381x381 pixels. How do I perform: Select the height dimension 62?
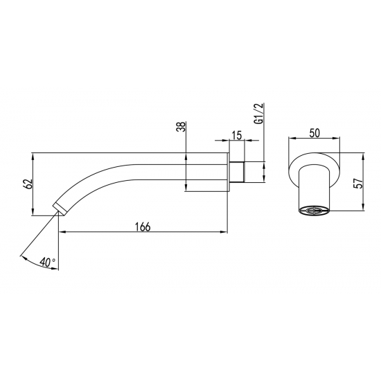point(28,184)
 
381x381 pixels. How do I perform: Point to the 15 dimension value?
point(237,136)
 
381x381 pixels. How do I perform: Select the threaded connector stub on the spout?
point(238,171)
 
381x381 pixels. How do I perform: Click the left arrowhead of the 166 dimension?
point(61,233)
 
